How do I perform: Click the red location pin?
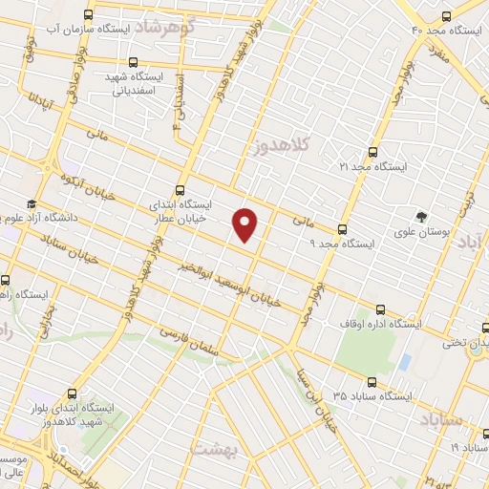[x=246, y=223]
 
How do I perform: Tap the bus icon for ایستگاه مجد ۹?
[x=342, y=229]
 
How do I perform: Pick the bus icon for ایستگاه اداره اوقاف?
[x=381, y=308]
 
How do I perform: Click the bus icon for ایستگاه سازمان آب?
[x=89, y=15]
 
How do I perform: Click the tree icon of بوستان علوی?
[x=421, y=216]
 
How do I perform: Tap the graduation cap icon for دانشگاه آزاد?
[x=32, y=203]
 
